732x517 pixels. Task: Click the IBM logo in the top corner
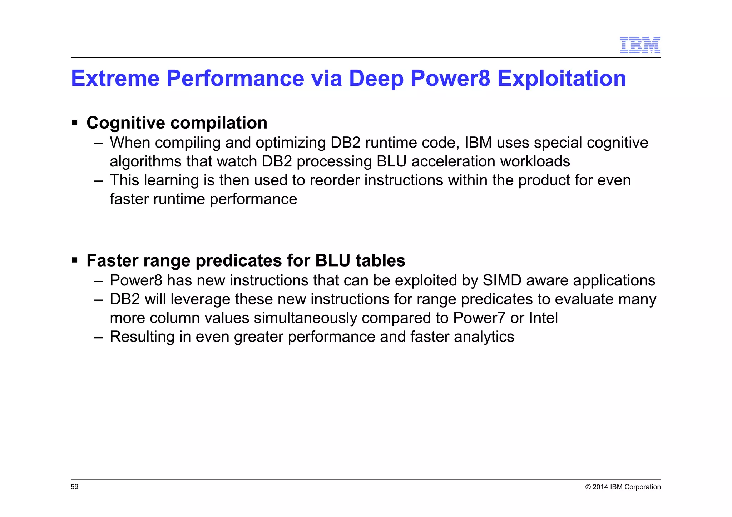pyautogui.click(x=639, y=45)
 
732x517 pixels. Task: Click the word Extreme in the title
pyautogui.click(x=115, y=78)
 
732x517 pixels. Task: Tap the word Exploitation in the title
pyautogui.click(x=562, y=78)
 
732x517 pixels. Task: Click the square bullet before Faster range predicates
pyautogui.click(x=75, y=260)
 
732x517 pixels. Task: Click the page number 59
pyautogui.click(x=74, y=487)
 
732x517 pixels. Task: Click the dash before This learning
pyautogui.click(x=98, y=180)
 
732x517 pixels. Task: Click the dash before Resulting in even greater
pyautogui.click(x=98, y=337)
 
